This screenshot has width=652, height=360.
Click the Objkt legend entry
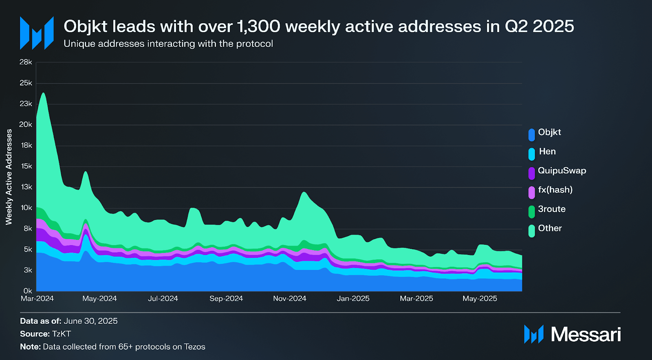(549, 132)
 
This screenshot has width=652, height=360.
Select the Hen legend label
(547, 151)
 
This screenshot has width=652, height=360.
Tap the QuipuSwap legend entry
(562, 171)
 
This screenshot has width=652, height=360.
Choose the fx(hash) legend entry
(555, 190)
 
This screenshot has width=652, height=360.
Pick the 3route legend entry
(551, 209)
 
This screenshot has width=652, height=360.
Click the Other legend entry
(549, 228)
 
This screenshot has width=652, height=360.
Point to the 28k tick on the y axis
(26, 62)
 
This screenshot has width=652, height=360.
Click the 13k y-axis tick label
(26, 187)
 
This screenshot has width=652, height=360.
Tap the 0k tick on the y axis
(28, 291)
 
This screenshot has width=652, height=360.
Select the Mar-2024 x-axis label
(37, 299)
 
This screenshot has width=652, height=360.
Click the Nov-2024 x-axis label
(289, 299)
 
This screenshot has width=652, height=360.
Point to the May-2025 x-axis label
(480, 299)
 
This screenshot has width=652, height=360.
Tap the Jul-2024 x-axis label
(163, 299)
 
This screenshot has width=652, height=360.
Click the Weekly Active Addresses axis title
(9, 177)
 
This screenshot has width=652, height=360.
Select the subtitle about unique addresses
(168, 44)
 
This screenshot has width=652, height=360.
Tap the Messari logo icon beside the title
(37, 33)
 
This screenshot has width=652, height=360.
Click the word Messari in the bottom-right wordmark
(586, 334)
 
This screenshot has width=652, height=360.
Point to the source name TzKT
(62, 334)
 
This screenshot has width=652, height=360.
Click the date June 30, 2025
(90, 321)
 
